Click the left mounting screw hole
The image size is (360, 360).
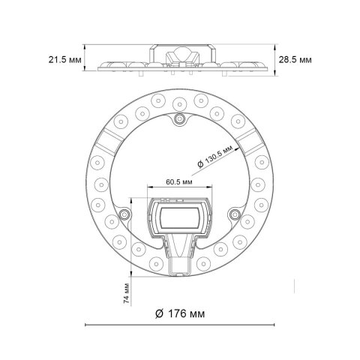click(x=122, y=217)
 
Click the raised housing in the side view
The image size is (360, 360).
click(x=180, y=53)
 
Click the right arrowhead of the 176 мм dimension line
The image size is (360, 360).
click(x=274, y=325)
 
